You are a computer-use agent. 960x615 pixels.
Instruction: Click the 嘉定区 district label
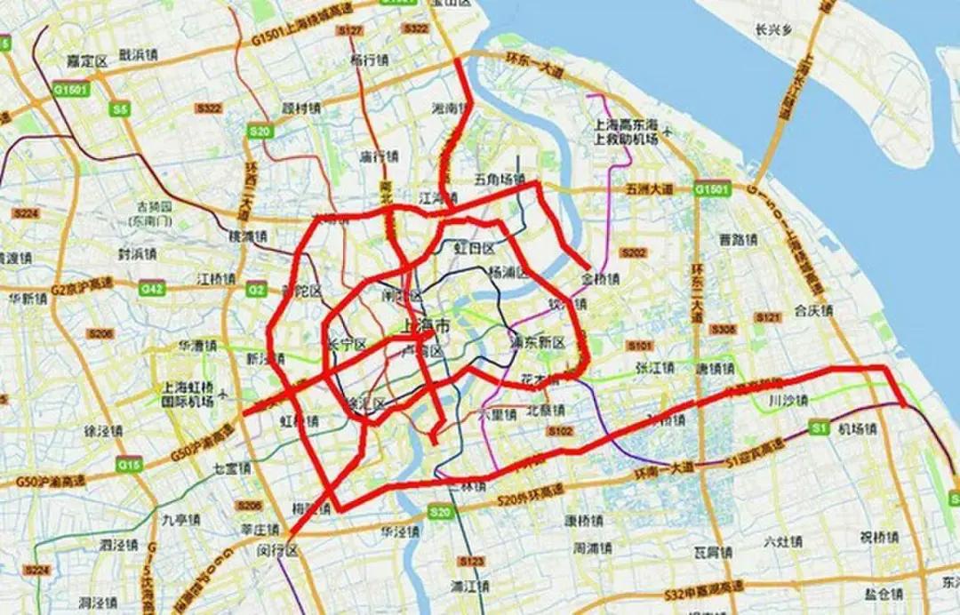click(87, 60)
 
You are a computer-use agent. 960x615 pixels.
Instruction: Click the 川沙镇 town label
click(788, 401)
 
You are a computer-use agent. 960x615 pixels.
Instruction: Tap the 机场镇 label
click(858, 428)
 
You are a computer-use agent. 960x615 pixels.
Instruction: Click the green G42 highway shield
click(152, 289)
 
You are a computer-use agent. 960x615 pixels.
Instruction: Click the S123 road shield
click(471, 562)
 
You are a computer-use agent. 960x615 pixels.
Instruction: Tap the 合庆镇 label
click(813, 311)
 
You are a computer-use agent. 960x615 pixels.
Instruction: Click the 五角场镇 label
click(500, 179)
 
